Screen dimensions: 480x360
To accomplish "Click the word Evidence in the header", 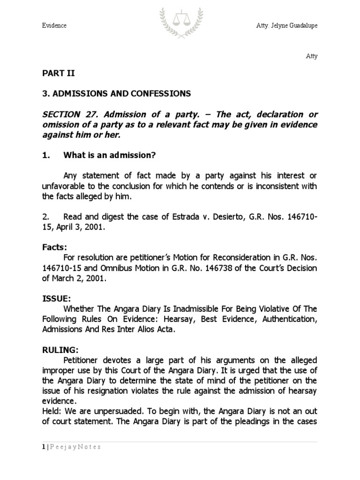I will point(54,25).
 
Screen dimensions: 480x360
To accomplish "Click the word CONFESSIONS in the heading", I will point(157,94).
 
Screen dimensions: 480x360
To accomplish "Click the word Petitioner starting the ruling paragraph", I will point(81,360).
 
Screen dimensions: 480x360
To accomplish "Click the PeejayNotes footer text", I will point(75,447).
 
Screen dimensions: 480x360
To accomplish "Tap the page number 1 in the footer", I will point(42,447).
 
